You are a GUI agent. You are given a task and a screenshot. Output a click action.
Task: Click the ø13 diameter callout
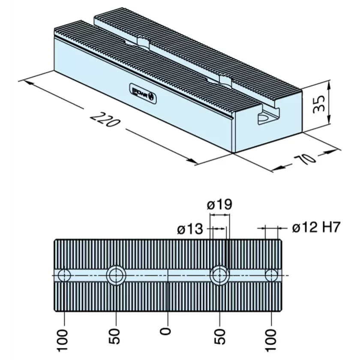tap(189, 229)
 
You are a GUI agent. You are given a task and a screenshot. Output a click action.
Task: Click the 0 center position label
tap(168, 331)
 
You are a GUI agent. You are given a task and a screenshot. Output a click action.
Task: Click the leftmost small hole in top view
tap(64, 275)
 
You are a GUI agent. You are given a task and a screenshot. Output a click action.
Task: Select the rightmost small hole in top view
tap(272, 275)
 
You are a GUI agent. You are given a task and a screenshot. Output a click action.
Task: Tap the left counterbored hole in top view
tap(116, 275)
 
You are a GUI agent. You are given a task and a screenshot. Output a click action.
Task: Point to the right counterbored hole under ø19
tap(220, 275)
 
